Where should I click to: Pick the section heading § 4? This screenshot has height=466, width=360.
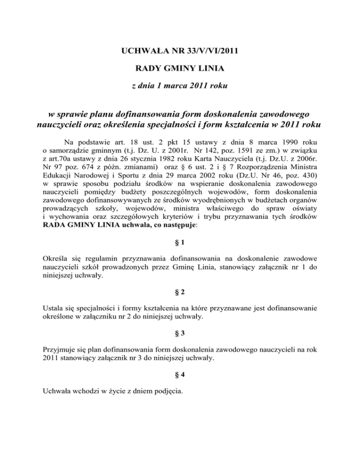[x=180, y=375]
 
